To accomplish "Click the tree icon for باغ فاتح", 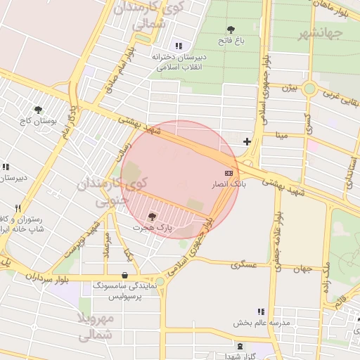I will [x=231, y=30].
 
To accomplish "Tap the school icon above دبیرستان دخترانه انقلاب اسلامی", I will [x=177, y=45].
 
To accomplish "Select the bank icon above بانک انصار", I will [x=229, y=172].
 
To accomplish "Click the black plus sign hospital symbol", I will [x=247, y=142].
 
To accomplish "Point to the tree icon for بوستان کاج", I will [x=38, y=110].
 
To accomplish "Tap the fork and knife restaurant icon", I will [x=18, y=208].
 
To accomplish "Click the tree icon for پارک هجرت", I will [x=153, y=217].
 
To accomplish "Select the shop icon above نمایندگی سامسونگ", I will [x=125, y=275].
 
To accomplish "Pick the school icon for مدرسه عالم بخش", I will [x=261, y=311].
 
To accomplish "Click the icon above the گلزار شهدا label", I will [x=241, y=346].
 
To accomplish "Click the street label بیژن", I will [x=290, y=89].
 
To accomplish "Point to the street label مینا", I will [x=281, y=134].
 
